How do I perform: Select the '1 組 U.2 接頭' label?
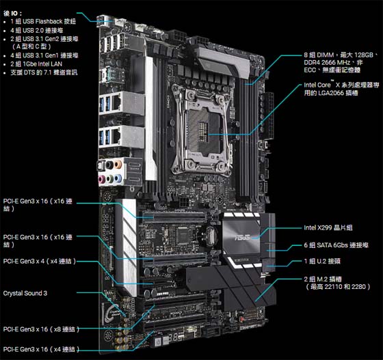(322, 261)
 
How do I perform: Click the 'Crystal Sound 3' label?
(25, 293)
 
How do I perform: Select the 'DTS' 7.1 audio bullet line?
(44, 72)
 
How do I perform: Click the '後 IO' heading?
(12, 13)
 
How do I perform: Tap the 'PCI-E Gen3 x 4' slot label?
(40, 261)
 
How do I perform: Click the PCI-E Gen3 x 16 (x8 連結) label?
(41, 329)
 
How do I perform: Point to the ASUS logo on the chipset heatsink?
(242, 237)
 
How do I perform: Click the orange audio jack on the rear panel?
(118, 164)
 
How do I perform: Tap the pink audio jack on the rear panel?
(101, 179)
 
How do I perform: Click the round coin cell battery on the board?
(211, 236)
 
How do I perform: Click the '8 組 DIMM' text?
(319, 55)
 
